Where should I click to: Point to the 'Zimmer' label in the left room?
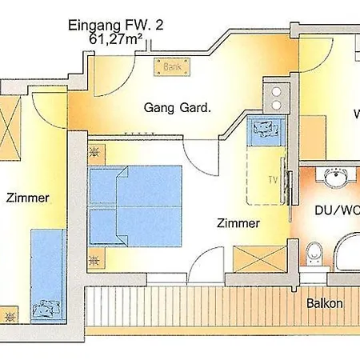point(25,197)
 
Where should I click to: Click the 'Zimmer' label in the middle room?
point(238,224)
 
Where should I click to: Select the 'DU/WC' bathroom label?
point(335,210)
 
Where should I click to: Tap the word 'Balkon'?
point(325,304)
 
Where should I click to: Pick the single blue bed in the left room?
point(48,272)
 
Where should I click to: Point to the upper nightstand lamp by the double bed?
point(95,150)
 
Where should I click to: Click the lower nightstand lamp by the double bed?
point(95,258)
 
